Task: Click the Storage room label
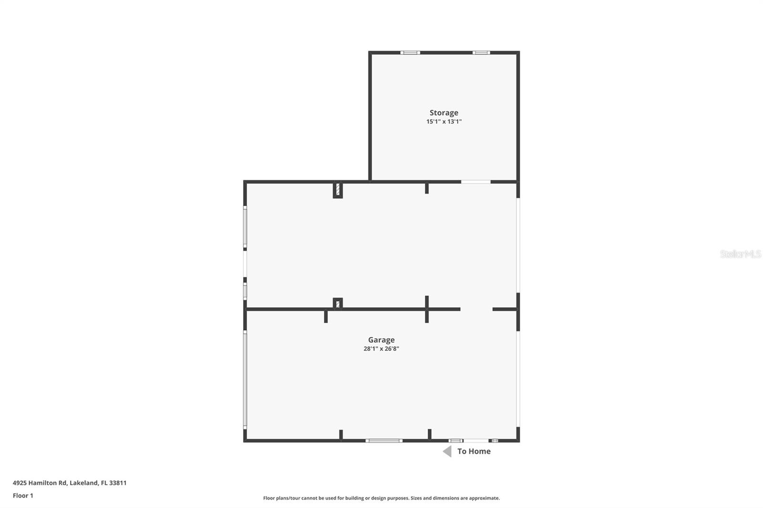pos(443,113)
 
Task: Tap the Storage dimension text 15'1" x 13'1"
pos(443,122)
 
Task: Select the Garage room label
pos(381,340)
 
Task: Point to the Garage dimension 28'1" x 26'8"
pos(381,349)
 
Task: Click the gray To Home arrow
pos(447,451)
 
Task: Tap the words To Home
pos(474,451)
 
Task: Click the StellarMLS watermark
pos(740,254)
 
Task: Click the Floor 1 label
pos(23,496)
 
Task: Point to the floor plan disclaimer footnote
pos(381,498)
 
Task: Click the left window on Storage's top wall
pos(410,53)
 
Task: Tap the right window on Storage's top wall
pos(481,53)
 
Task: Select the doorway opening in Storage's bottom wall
pos(475,182)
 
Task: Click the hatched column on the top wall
pos(338,190)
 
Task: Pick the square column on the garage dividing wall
pos(338,304)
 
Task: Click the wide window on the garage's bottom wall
pos(384,441)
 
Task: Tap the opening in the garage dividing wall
pos(476,309)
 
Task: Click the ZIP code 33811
pos(118,483)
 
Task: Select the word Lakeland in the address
pos(84,483)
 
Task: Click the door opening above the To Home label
pos(475,441)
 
